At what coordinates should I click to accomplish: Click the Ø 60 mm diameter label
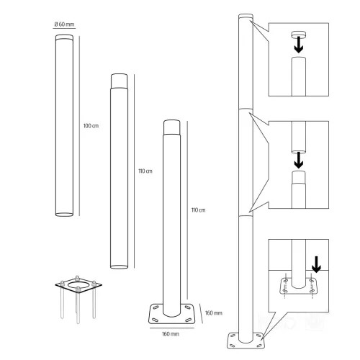click(x=64, y=24)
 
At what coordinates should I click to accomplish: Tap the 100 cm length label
click(x=91, y=126)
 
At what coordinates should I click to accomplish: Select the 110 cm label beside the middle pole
click(x=145, y=171)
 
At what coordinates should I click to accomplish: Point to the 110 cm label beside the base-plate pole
click(x=198, y=210)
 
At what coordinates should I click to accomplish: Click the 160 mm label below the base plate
click(x=171, y=334)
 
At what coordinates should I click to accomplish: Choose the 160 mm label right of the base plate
click(x=214, y=313)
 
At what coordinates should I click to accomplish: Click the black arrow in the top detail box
click(x=299, y=45)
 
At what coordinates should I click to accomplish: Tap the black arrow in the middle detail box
click(x=299, y=160)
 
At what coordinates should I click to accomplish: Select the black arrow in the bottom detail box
click(x=317, y=264)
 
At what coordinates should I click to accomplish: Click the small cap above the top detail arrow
click(x=299, y=34)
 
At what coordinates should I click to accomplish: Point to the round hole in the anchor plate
click(x=78, y=285)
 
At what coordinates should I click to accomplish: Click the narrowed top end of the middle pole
click(x=119, y=81)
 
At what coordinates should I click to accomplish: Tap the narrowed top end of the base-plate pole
click(x=172, y=127)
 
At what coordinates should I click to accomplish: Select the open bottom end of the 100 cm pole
click(x=64, y=215)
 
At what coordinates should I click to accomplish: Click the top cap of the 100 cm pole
click(x=64, y=37)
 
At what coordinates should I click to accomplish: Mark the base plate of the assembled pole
click(x=246, y=341)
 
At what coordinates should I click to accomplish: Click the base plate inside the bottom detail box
click(x=298, y=286)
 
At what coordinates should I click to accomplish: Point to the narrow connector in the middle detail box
click(x=299, y=177)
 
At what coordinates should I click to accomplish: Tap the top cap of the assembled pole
click(x=246, y=17)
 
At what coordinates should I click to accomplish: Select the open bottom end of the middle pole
click(x=119, y=267)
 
